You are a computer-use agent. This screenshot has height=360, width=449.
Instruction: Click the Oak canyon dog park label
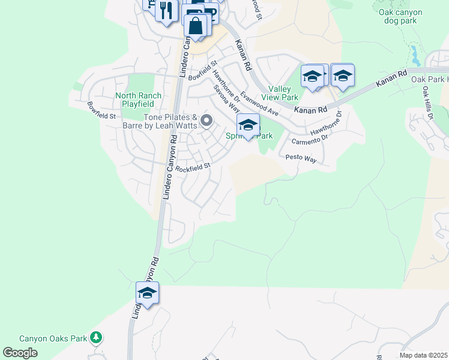(x=402, y=17)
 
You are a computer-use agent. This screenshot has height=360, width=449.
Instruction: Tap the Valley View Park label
(x=283, y=93)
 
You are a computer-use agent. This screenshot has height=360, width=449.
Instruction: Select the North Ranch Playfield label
(x=139, y=100)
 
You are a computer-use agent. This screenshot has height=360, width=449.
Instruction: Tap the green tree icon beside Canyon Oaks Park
(x=95, y=338)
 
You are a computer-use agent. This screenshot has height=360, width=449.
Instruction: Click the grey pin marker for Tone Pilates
(x=207, y=122)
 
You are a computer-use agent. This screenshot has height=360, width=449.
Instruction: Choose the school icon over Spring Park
(x=248, y=125)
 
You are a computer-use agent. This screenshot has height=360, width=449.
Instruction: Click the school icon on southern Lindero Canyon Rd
(x=147, y=293)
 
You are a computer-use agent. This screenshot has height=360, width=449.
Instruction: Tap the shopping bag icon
(x=196, y=26)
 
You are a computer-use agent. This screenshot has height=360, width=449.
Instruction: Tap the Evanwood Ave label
(x=262, y=103)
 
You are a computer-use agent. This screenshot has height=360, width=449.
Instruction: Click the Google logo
(x=20, y=353)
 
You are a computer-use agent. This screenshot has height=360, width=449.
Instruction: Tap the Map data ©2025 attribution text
(x=423, y=355)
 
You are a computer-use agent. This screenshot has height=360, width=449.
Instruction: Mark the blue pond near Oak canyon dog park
(x=415, y=55)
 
